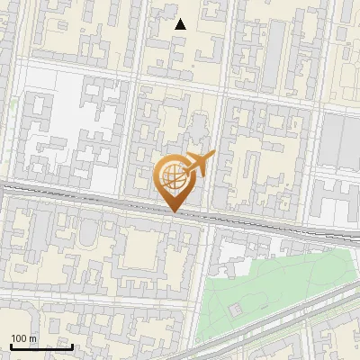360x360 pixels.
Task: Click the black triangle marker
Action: [x=180, y=24]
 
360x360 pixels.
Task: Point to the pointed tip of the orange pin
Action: [x=173, y=211]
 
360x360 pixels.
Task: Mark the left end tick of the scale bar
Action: [x=10, y=346]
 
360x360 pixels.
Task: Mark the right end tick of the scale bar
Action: [x=72, y=346]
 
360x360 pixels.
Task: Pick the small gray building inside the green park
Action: [x=235, y=310]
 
